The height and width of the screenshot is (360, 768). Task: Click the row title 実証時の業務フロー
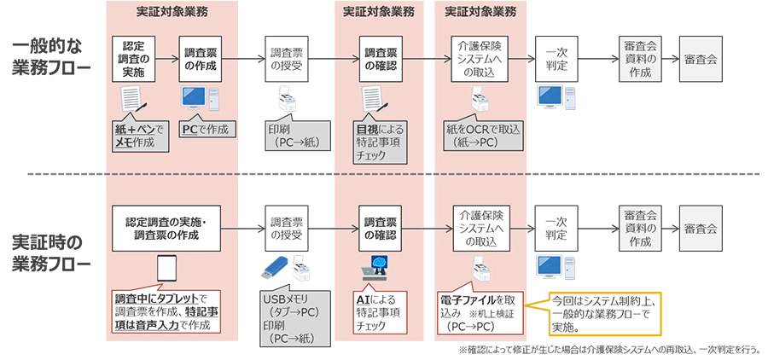pyautogui.click(x=51, y=253)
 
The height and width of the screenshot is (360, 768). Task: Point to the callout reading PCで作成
pyautogui.click(x=205, y=130)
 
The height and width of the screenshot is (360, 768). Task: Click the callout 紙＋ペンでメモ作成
pyautogui.click(x=136, y=136)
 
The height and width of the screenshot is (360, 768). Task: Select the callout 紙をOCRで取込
pyautogui.click(x=483, y=136)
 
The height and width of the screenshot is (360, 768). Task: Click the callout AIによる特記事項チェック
pyautogui.click(x=381, y=313)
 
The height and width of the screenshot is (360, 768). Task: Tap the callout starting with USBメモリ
pyautogui.click(x=292, y=318)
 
